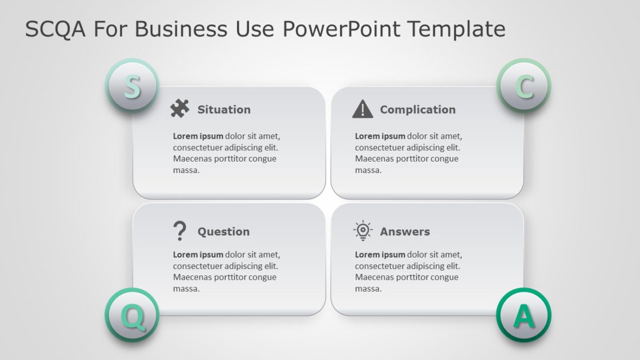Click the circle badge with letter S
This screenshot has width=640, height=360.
tap(131, 86)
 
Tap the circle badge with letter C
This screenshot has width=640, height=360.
tap(523, 86)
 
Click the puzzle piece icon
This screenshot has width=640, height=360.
tap(180, 108)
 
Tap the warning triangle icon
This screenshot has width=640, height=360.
tap(362, 109)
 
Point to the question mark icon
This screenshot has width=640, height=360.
tap(179, 231)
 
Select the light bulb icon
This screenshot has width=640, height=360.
tap(362, 231)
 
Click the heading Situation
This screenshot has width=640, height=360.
tap(223, 110)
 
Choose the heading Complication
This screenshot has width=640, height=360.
tap(417, 110)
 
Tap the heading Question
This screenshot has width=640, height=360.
tap(223, 232)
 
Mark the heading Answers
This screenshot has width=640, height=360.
tap(405, 232)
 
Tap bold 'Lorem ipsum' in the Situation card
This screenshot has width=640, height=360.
tap(198, 136)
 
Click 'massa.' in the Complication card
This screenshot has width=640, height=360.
tap(368, 170)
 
